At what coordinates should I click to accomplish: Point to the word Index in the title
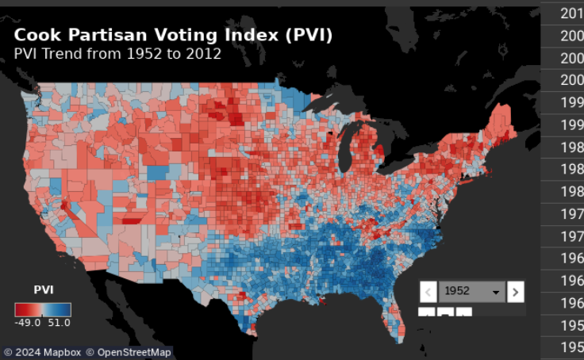pos(238,36)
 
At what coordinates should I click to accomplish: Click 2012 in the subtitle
pos(204,54)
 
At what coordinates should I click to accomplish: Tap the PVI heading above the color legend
pos(44,290)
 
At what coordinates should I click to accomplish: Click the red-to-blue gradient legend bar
pos(43,309)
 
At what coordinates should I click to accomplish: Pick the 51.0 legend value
pos(59,323)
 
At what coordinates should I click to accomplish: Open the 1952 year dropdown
pos(471,292)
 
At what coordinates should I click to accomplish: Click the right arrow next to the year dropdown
pos(516,292)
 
